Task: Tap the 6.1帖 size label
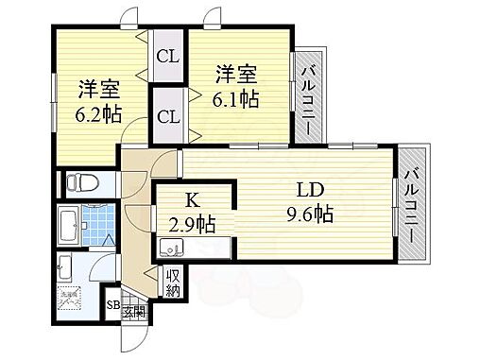tap(236, 96)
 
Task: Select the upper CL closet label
tap(167, 57)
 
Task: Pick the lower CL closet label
tap(167, 116)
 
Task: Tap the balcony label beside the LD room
tap(412, 202)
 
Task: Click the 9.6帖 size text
tap(311, 213)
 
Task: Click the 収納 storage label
tap(174, 282)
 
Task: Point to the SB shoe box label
tap(111, 305)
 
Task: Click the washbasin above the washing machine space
tap(68, 264)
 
